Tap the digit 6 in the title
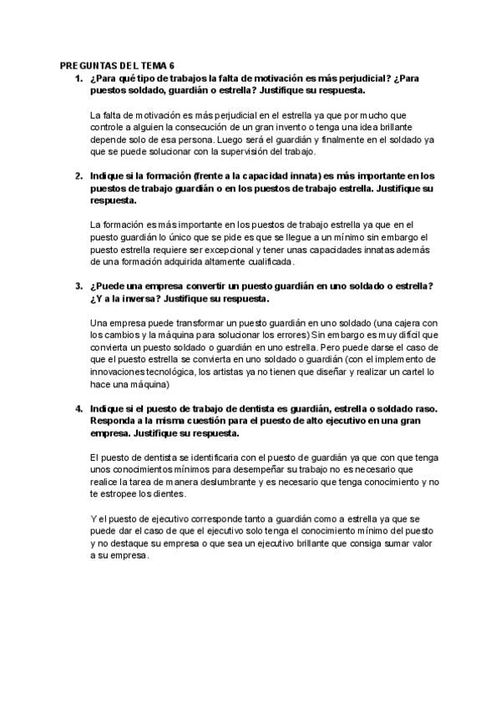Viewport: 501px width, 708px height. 173,66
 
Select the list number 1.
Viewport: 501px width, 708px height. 78,78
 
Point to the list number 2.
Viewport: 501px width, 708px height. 78,176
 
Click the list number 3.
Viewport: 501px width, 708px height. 78,286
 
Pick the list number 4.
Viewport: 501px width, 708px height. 78,408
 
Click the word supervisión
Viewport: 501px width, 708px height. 270,153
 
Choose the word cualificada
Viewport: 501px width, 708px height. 263,262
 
